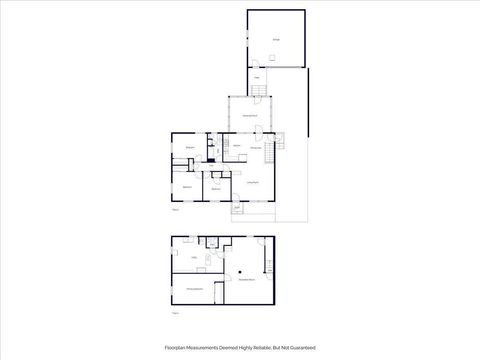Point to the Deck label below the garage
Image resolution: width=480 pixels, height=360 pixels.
[256, 77]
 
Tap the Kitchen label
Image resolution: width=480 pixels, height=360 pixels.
[238, 147]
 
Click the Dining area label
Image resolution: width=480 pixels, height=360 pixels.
[256, 148]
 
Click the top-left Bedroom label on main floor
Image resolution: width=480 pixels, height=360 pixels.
[190, 147]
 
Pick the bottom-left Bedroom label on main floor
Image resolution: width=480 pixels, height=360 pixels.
[187, 187]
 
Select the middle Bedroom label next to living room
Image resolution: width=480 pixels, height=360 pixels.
[216, 188]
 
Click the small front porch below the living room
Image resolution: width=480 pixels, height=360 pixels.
[238, 208]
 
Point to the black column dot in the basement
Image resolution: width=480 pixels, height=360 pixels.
[241, 271]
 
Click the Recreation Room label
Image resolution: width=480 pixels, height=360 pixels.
[246, 281]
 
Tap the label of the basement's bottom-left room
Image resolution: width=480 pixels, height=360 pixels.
[195, 289]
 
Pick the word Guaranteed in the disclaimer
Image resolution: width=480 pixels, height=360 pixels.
[301, 348]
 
